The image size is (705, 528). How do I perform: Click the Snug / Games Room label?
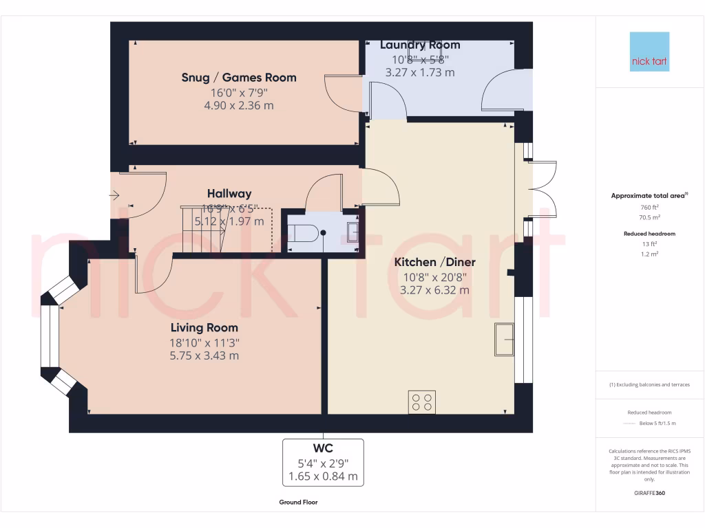tap(239, 77)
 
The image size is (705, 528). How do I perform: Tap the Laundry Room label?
tap(420, 45)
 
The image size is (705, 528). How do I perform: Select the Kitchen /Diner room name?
tap(434, 262)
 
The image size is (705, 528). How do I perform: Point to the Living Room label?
tap(204, 328)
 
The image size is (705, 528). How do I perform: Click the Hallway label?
tap(229, 194)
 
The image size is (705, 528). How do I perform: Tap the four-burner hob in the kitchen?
tap(422, 401)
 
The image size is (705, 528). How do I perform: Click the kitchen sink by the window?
tap(504, 339)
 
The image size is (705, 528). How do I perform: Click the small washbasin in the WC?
tap(353, 232)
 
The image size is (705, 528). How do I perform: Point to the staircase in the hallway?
tap(204, 229)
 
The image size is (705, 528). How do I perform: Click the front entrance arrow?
tap(114, 196)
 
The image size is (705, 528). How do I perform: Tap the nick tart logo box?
tap(649, 52)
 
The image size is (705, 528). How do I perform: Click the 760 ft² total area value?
tap(649, 207)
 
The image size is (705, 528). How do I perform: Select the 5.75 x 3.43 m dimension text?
tap(204, 356)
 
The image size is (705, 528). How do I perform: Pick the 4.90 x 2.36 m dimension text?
tap(239, 106)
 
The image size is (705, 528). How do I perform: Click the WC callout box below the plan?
tap(323, 462)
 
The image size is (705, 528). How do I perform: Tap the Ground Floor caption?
tap(298, 503)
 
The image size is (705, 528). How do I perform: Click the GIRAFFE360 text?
tap(649, 493)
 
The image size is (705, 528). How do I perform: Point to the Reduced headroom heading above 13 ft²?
tap(649, 234)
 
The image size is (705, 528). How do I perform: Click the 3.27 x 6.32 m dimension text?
tap(434, 290)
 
